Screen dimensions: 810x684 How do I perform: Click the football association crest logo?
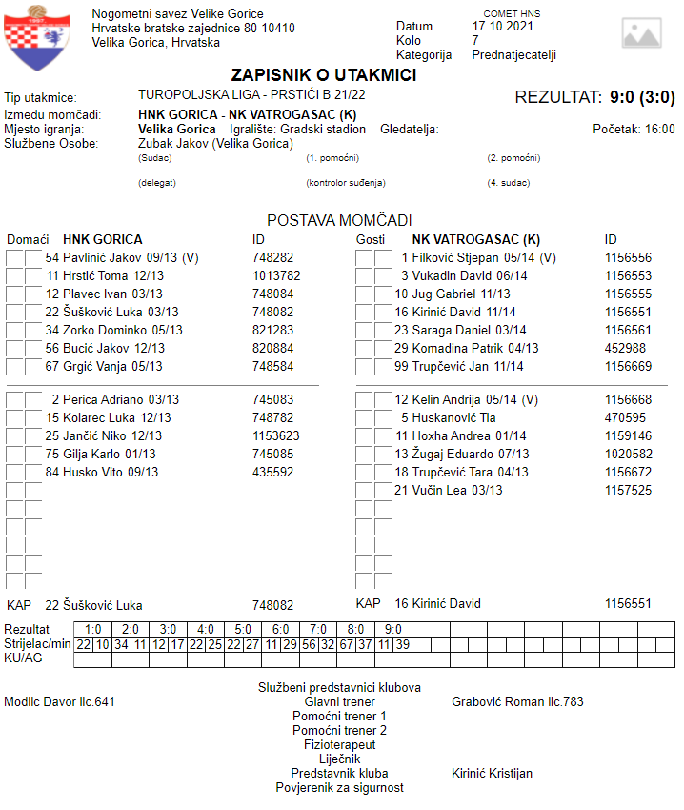click(36, 37)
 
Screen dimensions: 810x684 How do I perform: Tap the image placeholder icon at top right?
click(641, 32)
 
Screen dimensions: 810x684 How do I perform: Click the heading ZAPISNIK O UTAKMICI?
click(323, 75)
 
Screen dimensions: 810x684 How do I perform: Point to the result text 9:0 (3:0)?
click(642, 97)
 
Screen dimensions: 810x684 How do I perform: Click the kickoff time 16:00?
click(659, 129)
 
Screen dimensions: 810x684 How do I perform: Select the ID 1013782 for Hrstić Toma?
click(276, 275)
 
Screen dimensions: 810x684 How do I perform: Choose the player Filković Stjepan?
click(461, 257)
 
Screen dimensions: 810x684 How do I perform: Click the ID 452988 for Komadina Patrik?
click(625, 348)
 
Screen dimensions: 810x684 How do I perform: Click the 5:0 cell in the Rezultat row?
click(243, 630)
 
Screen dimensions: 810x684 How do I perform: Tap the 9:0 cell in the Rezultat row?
click(392, 630)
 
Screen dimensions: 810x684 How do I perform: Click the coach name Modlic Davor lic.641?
click(60, 702)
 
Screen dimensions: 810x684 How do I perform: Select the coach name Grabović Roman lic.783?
click(517, 702)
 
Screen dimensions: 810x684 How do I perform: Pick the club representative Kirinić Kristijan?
click(492, 774)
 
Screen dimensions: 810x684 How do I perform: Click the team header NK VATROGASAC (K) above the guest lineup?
click(475, 239)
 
